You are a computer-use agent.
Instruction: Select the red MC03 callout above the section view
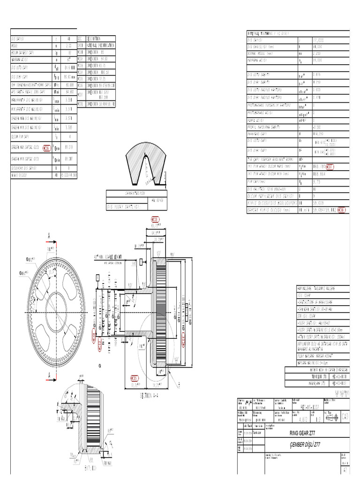[155, 219]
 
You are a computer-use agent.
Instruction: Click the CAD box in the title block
[345, 415]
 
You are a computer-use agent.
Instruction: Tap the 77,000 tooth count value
[318, 40]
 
